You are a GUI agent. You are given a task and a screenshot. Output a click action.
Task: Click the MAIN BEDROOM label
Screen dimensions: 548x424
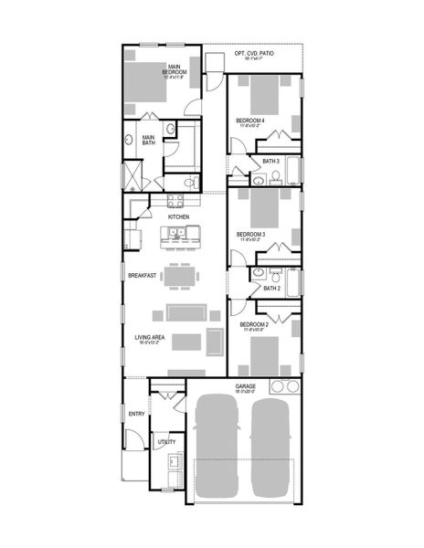click(173, 68)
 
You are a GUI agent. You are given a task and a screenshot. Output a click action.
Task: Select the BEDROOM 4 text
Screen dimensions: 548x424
click(250, 120)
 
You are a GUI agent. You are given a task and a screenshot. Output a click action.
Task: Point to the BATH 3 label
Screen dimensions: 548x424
click(270, 162)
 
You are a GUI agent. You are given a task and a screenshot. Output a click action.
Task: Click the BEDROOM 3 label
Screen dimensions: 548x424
click(251, 235)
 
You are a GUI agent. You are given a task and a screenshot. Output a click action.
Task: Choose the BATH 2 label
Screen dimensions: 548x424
click(271, 288)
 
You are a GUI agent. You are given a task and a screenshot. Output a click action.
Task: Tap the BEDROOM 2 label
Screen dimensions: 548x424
click(253, 324)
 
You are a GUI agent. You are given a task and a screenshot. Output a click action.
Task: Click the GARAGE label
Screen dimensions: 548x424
click(245, 386)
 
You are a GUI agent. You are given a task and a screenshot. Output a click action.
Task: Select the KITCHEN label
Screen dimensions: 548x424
click(178, 216)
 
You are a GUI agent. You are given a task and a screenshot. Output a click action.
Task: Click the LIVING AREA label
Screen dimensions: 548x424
click(150, 338)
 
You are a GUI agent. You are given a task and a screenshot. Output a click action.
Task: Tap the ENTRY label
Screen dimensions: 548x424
click(136, 414)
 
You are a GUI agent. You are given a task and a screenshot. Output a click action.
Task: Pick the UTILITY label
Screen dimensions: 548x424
click(166, 441)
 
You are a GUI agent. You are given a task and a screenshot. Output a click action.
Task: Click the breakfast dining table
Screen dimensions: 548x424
click(179, 275)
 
